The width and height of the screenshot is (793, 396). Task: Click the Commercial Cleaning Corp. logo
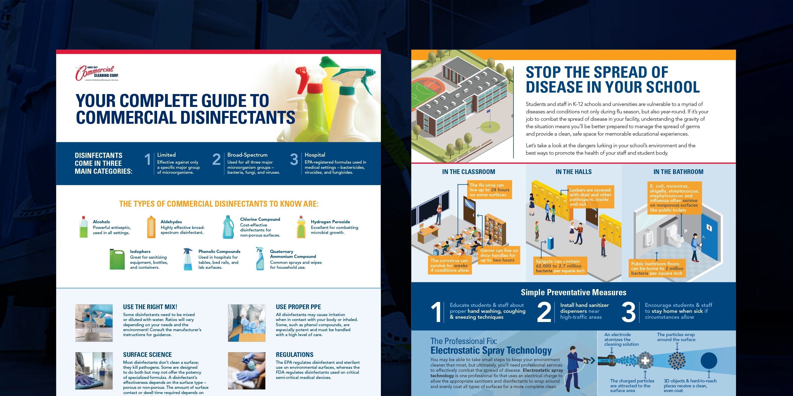(97, 73)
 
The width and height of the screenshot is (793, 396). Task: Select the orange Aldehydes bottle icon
(151, 227)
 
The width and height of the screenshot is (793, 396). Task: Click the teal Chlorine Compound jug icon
(228, 227)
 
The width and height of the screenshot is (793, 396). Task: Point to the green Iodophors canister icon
(117, 259)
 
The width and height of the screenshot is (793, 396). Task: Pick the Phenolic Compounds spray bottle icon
(188, 259)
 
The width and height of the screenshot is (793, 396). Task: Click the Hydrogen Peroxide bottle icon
(301, 227)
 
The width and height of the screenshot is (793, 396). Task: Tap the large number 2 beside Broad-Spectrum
(216, 159)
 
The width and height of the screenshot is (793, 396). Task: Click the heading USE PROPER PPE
(298, 307)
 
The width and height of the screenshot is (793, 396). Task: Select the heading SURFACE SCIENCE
(147, 354)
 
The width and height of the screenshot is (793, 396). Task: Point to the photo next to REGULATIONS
(247, 371)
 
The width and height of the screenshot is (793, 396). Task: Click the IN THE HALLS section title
(573, 172)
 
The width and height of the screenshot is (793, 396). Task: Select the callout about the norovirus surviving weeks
(450, 265)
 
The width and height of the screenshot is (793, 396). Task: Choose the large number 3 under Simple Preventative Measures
(628, 312)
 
